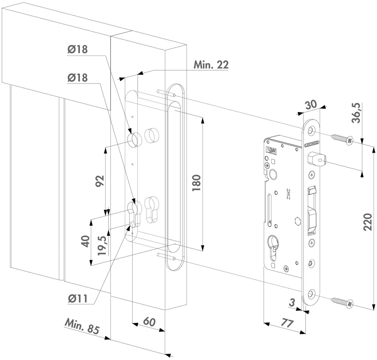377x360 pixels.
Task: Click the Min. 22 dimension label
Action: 211,65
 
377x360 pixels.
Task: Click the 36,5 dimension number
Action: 356,113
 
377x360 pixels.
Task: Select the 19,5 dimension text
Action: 103,246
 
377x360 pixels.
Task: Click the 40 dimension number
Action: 86,241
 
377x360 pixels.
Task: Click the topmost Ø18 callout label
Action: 77,49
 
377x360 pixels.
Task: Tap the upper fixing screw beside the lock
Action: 342,139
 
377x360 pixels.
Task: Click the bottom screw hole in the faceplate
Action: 311,293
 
